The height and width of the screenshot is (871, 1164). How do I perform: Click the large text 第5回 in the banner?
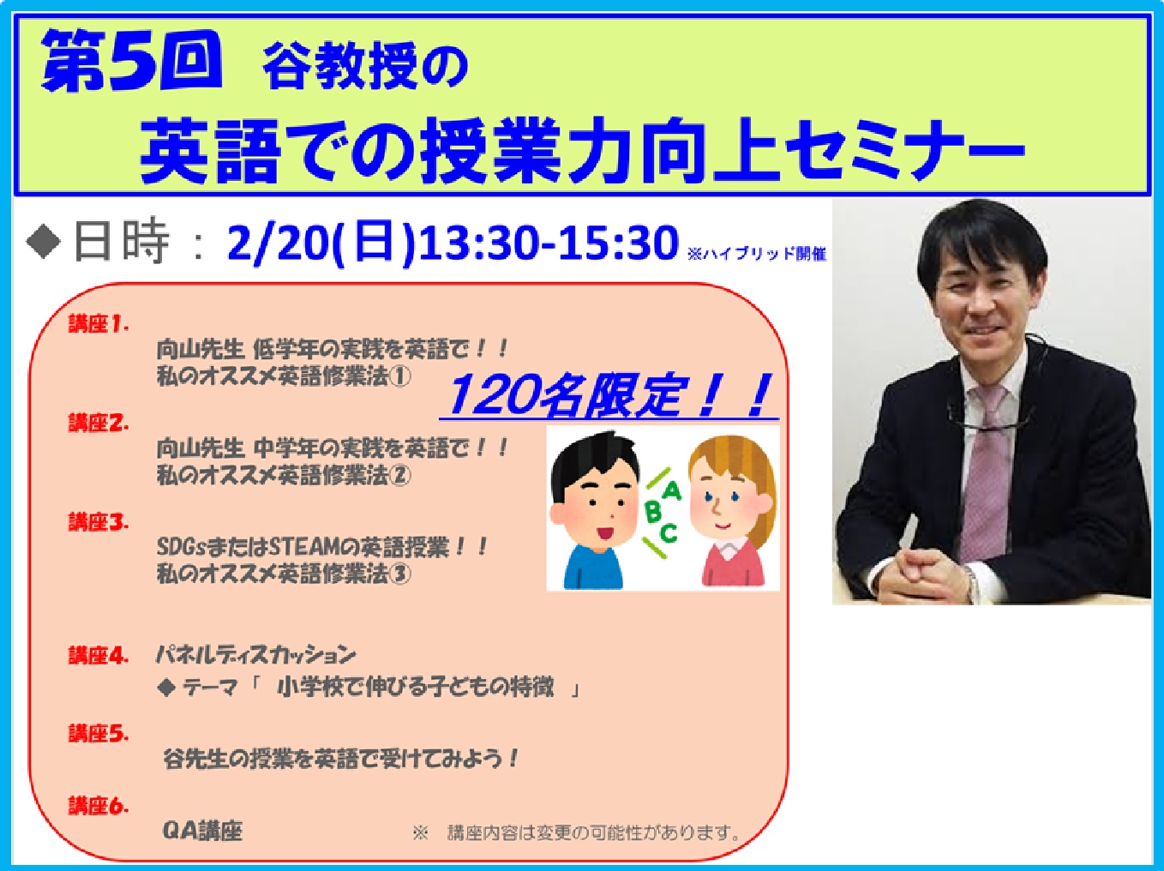131,60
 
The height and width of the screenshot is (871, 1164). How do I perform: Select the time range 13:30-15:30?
549,243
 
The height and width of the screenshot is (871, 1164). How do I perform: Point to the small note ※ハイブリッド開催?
757,254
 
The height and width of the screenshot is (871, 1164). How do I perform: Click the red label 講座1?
99,323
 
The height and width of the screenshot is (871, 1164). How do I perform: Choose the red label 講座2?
99,423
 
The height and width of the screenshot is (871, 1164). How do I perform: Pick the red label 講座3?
99,521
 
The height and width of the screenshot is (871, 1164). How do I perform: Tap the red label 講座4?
99,656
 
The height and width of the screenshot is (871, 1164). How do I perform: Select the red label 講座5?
99,733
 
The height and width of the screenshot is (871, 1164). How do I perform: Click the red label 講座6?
99,806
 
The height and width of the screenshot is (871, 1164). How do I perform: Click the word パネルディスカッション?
255,655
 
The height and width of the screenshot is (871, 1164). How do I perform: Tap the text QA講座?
202,831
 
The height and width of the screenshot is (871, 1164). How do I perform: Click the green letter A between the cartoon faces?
672,490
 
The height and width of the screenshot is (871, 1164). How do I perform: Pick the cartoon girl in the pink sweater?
732,512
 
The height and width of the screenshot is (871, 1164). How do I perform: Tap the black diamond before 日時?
44,242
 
